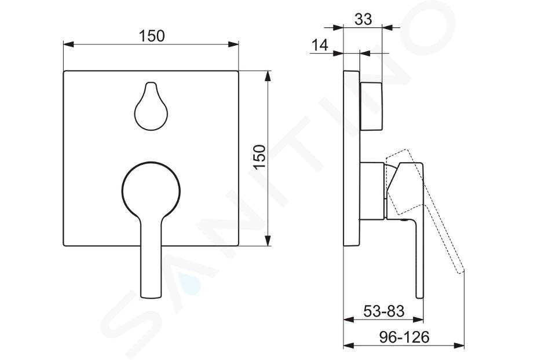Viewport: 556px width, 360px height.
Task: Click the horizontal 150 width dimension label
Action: click(151, 36)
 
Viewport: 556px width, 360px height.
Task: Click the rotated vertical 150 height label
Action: click(259, 157)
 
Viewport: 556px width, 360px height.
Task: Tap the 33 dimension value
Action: click(364, 19)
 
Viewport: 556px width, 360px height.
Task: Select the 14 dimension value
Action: click(320, 45)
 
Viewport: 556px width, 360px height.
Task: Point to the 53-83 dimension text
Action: click(383, 311)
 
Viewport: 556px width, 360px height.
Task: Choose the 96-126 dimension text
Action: click(404, 337)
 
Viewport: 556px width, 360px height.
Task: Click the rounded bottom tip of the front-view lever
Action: click(151, 296)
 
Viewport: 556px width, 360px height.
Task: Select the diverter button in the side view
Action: click(371, 106)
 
